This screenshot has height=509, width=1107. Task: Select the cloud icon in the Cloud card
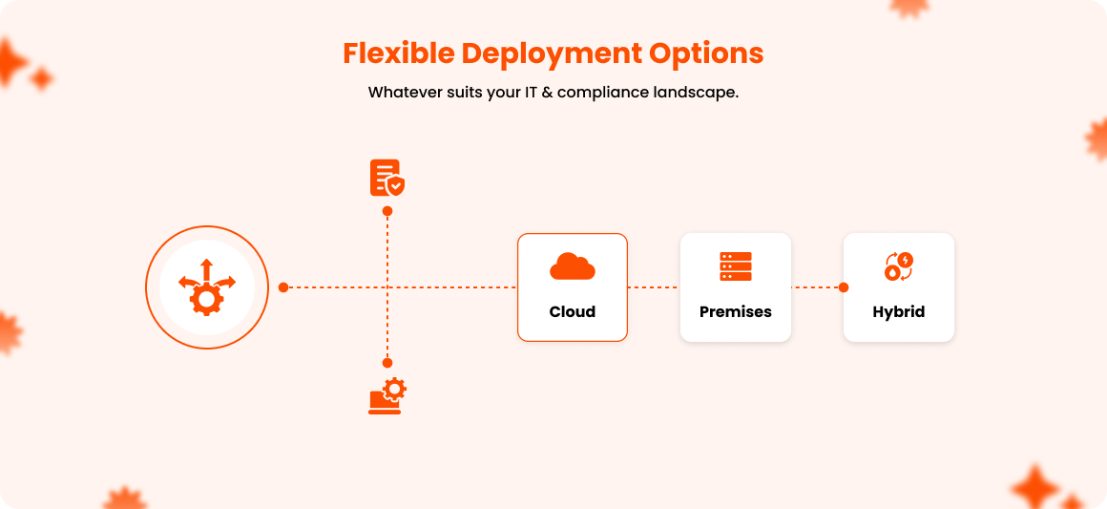[x=573, y=266]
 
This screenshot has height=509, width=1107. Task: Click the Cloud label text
[x=573, y=311]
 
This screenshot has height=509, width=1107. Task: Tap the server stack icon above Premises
[x=736, y=266]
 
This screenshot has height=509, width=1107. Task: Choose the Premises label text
[x=736, y=311]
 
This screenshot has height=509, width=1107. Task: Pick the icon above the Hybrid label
[x=899, y=266]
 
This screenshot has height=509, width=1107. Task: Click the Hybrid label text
[x=899, y=311]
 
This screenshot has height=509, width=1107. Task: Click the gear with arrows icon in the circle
[x=206, y=286]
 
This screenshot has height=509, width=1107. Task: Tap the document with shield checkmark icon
[x=386, y=179]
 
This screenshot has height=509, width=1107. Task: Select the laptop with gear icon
[x=386, y=396]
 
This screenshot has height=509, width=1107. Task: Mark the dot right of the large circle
[x=283, y=286]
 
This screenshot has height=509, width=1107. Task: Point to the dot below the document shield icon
[x=387, y=211]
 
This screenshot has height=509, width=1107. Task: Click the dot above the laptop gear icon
[x=387, y=363]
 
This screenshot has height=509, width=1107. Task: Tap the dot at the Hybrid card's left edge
[x=844, y=286]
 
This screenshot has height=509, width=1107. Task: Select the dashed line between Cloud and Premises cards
[x=654, y=286]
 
